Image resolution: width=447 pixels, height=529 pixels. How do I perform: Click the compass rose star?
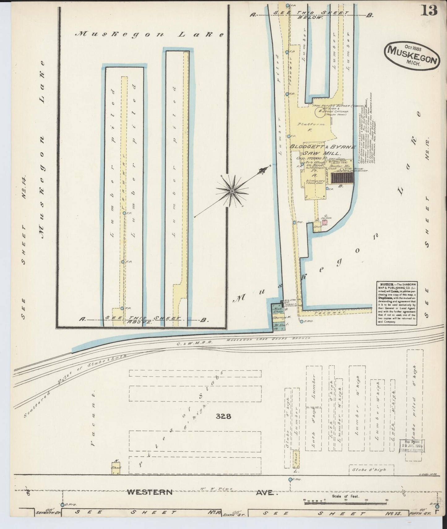(x=232, y=192)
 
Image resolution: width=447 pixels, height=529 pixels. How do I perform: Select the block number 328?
(x=224, y=416)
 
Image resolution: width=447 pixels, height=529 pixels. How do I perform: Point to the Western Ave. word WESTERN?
(x=149, y=492)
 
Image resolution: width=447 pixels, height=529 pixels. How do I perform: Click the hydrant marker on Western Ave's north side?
(x=290, y=480)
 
